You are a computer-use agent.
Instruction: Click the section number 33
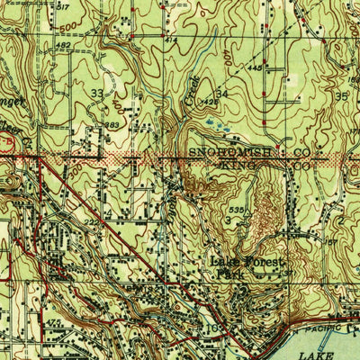click(x=96, y=93)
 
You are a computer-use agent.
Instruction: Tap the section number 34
click(x=221, y=93)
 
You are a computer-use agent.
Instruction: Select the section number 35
click(x=340, y=94)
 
